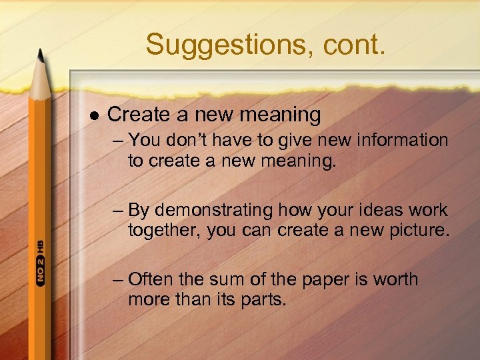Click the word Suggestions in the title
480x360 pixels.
tap(207, 45)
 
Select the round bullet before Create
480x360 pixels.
tap(93, 115)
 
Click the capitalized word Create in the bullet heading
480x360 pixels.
tap(139, 115)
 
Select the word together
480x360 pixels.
tap(164, 232)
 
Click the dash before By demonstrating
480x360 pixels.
tap(118, 211)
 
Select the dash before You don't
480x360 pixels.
tap(118, 141)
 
